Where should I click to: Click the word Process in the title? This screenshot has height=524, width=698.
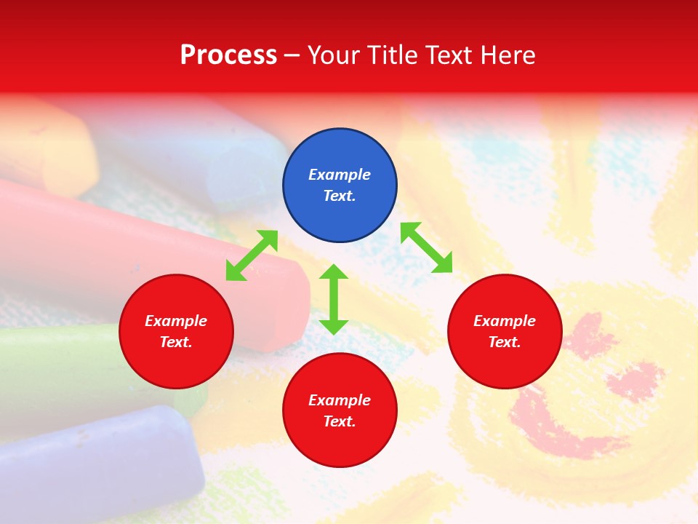tap(228, 55)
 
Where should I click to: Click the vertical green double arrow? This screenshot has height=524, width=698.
tap(334, 299)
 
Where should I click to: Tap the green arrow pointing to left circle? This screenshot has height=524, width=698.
tap(252, 255)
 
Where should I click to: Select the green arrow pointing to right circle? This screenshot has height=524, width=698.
tap(426, 247)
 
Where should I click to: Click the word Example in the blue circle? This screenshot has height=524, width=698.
tap(340, 175)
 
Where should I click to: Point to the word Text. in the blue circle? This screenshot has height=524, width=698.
tap(340, 196)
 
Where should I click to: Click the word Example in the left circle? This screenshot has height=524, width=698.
tap(176, 321)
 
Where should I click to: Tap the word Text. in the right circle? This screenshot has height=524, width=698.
tap(505, 342)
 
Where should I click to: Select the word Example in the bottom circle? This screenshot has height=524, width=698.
tap(340, 400)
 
